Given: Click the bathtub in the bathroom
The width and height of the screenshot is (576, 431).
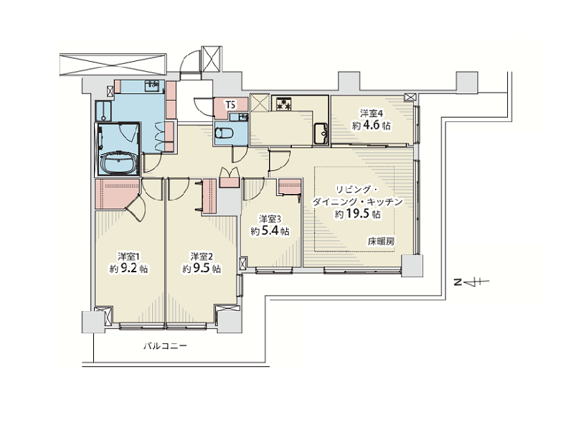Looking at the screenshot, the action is click(118, 162).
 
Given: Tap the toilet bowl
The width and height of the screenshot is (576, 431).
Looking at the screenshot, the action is click(223, 133).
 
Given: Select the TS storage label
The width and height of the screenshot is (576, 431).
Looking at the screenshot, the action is click(231, 105).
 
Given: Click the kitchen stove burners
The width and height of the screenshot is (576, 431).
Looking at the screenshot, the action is click(284, 103).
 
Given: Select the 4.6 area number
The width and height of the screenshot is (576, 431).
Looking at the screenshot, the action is click(372, 126).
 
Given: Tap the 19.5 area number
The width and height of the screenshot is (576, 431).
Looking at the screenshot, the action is click(358, 214).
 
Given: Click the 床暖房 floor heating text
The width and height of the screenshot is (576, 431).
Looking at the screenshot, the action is click(382, 241).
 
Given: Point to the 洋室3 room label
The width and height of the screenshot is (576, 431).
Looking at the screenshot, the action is click(270, 219).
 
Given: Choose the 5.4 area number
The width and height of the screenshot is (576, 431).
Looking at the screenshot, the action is click(270, 231).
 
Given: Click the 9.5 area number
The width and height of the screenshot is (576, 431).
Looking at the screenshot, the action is click(202, 269).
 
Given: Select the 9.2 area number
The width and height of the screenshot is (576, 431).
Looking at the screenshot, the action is click(129, 269).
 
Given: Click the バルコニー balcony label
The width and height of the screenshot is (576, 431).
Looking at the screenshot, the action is click(165, 346).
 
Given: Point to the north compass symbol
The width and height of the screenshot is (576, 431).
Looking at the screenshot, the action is click(471, 282).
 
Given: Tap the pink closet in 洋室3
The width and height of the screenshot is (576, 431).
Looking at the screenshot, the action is click(290, 187).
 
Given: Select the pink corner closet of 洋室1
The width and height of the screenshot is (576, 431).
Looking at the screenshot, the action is click(115, 194).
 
